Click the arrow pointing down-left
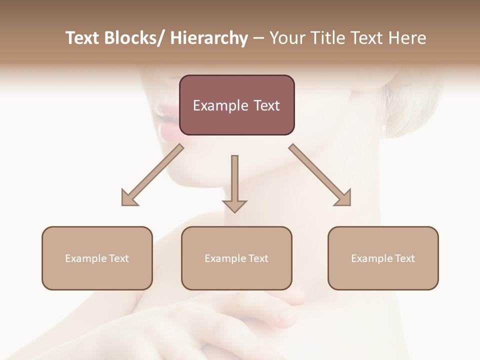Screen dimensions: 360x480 [152, 175]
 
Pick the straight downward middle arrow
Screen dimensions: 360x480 [234, 182]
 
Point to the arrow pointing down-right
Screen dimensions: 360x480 [320, 175]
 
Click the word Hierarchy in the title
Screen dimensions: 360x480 [209, 38]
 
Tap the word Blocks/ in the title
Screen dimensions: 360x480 [136, 38]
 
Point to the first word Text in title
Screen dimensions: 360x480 [82, 38]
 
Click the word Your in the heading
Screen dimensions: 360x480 [285, 38]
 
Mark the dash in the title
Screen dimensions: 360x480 [258, 38]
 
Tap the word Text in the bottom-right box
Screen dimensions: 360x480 [404, 258]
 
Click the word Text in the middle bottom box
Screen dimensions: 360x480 [258, 258]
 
